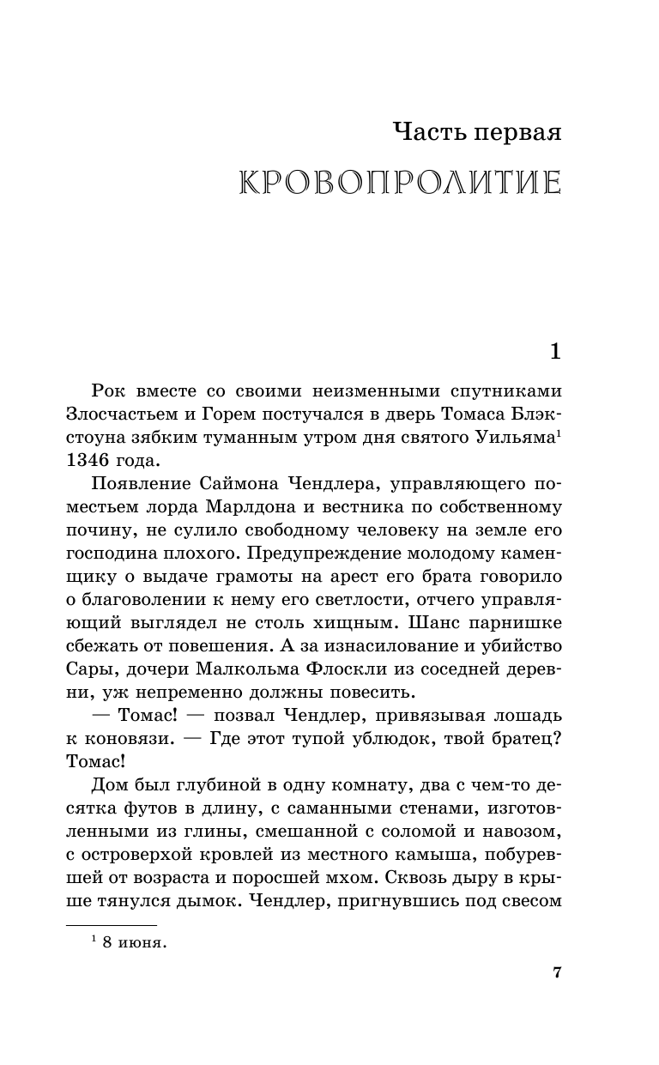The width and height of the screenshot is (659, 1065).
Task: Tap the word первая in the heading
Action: pyautogui.click(x=517, y=132)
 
